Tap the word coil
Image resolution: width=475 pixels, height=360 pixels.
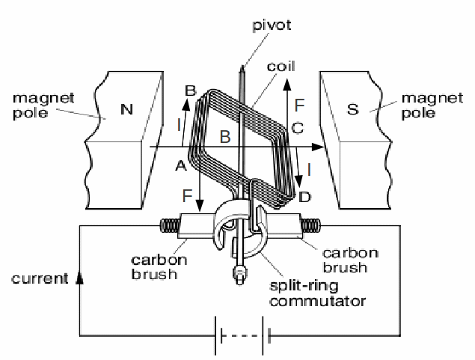(x=280, y=66)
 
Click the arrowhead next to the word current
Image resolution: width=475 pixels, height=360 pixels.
(x=81, y=278)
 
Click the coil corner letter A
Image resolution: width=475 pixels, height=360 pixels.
(x=180, y=166)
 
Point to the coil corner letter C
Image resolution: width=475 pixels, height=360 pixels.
(x=297, y=128)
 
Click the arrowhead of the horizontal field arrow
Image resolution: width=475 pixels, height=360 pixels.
(x=319, y=147)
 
